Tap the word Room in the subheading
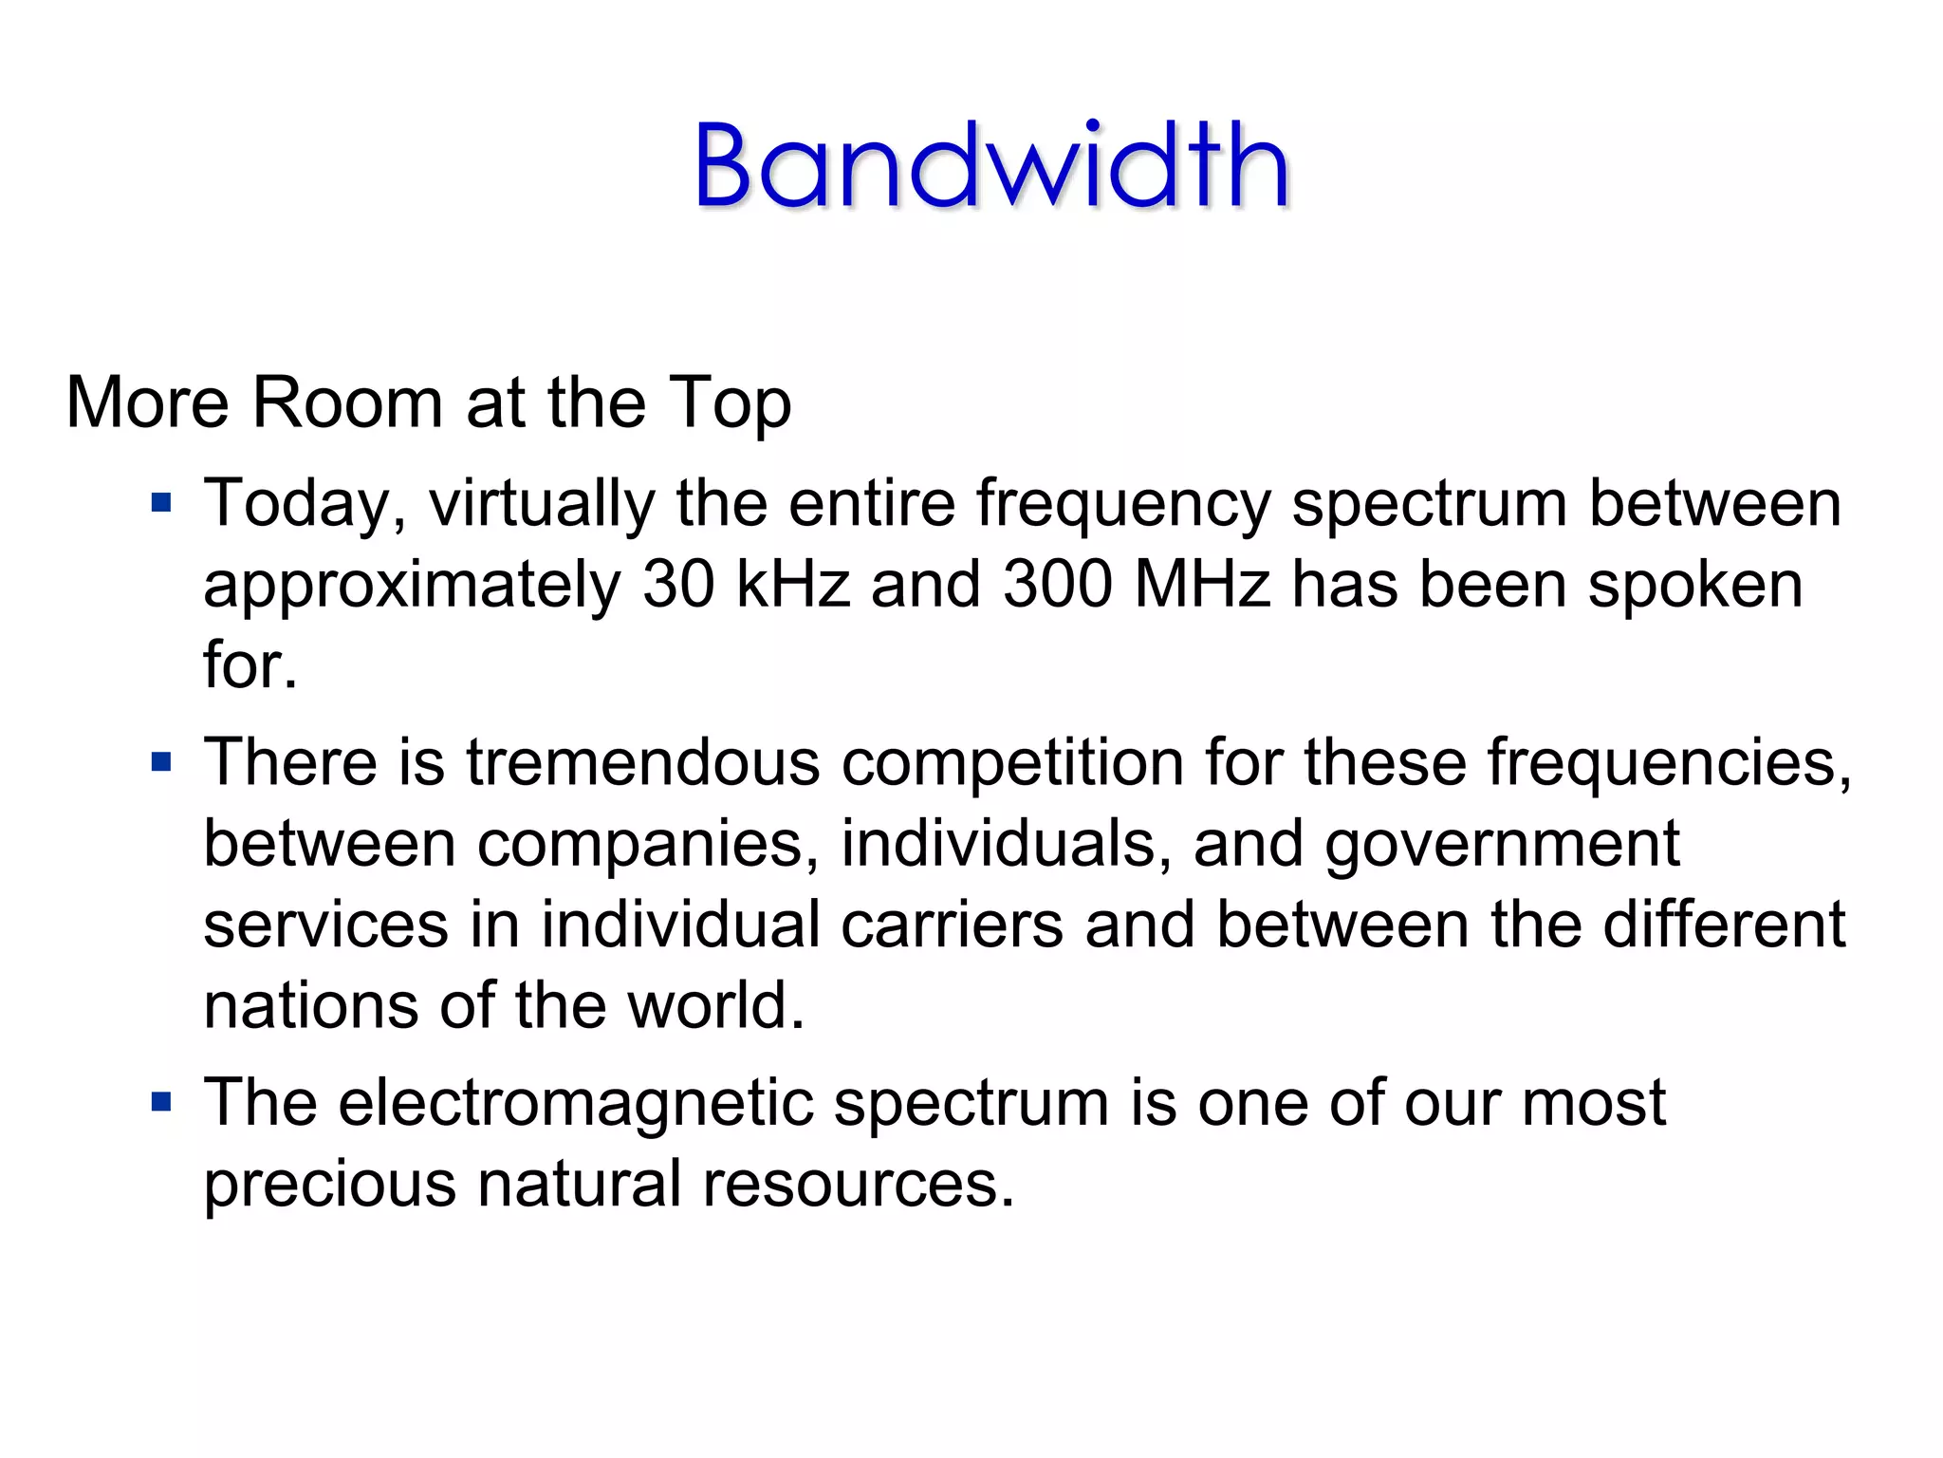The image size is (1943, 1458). pyautogui.click(x=347, y=402)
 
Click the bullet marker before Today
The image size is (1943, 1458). pyautogui.click(x=162, y=501)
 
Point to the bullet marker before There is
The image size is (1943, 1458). pyautogui.click(x=162, y=761)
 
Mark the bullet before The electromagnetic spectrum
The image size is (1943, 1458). pyautogui.click(x=162, y=1102)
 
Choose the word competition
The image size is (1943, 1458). pyautogui.click(x=1012, y=764)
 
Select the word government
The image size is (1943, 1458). pyautogui.click(x=1502, y=845)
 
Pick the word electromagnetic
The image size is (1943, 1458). pyautogui.click(x=575, y=1104)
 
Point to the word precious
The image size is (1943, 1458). pyautogui.click(x=329, y=1185)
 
